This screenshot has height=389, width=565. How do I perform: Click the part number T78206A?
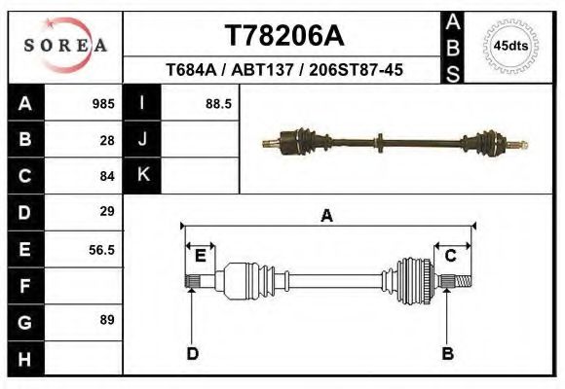(284, 36)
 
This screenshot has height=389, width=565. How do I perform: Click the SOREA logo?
(65, 45)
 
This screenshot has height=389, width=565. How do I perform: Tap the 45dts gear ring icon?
(511, 46)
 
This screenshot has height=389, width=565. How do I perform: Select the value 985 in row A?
(103, 103)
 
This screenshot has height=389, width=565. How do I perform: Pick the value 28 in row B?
(107, 140)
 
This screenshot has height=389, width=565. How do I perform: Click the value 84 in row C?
(107, 176)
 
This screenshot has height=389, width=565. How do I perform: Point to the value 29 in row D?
(107, 211)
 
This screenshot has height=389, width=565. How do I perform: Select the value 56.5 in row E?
(102, 249)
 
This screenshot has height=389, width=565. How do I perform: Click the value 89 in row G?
(107, 320)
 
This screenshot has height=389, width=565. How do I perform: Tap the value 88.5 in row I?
(218, 103)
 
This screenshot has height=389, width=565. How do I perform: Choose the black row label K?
(142, 175)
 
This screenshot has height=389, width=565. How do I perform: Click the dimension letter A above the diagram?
(326, 216)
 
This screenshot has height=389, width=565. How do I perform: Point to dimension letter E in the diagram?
(200, 256)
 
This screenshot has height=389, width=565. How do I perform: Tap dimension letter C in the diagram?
(451, 256)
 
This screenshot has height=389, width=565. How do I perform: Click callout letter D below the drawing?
(192, 353)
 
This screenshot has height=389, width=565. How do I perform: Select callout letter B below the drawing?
(447, 353)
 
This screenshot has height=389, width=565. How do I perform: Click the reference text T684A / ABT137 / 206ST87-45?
(284, 71)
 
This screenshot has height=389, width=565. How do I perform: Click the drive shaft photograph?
(397, 144)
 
